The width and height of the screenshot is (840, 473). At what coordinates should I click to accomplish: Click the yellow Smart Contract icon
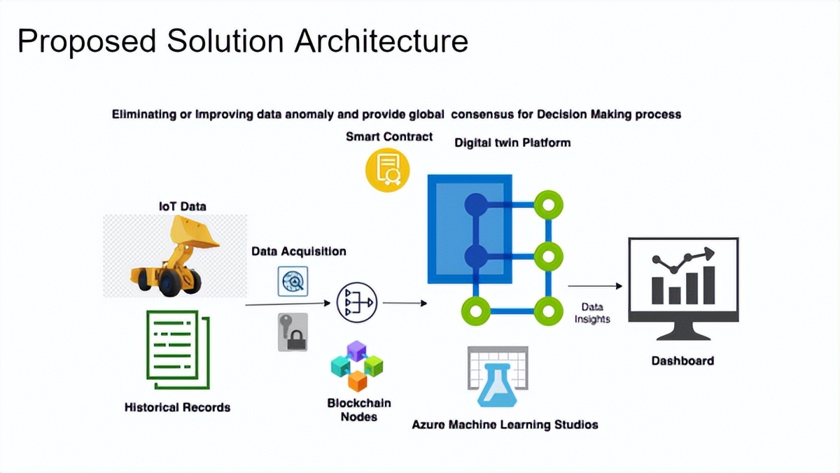[388, 170]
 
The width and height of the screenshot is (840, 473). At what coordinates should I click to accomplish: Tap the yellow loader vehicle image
[175, 255]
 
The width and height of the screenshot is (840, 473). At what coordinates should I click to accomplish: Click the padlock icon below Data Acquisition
[292, 332]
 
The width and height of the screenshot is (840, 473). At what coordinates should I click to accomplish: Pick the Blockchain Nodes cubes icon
[357, 366]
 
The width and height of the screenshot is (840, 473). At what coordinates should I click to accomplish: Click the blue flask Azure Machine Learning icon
[497, 378]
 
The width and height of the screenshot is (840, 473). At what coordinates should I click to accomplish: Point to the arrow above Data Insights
[594, 285]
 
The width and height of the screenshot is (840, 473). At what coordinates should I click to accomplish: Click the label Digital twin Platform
[512, 143]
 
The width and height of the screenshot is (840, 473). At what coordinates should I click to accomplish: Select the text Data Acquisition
[299, 251]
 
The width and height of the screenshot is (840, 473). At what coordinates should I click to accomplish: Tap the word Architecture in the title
[381, 41]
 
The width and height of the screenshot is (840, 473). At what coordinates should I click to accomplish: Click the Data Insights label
[592, 313]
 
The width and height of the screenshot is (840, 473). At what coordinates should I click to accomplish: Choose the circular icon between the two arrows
[357, 302]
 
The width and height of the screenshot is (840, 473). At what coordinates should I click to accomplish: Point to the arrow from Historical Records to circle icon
[287, 304]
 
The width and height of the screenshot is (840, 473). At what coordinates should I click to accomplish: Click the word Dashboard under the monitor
[682, 361]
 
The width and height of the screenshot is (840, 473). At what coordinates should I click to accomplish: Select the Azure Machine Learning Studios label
[505, 424]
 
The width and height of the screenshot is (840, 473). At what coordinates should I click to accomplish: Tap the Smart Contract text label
[389, 136]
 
